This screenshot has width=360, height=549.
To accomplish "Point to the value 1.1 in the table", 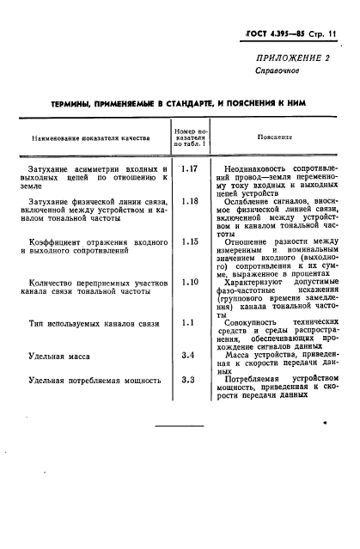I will click(190, 322).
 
